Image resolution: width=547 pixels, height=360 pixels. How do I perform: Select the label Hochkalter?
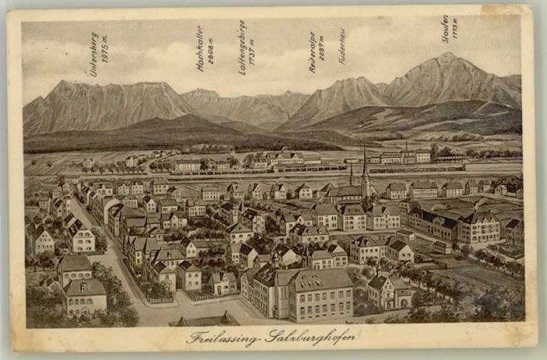[200, 48]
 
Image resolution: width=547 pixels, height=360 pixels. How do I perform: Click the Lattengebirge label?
[242, 47]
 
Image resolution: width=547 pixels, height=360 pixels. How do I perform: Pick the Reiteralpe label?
[312, 52]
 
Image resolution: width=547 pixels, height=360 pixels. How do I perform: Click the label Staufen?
[445, 28]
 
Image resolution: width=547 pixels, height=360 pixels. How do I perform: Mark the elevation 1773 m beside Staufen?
[455, 30]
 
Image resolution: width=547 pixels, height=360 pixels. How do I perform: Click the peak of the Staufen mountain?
[447, 55]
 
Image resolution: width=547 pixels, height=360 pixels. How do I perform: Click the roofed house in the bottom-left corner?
[84, 297]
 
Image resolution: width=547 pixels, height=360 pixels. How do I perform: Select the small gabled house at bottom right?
[384, 291]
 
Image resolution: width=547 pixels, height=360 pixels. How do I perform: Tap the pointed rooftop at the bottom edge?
[227, 318]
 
